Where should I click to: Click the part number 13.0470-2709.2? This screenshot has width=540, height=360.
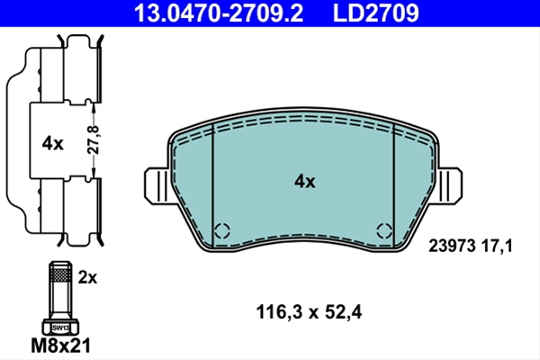219,13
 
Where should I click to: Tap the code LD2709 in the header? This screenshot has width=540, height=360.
375,13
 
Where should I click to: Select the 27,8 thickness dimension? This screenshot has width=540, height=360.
93,139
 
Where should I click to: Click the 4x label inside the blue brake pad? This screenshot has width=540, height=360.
305,181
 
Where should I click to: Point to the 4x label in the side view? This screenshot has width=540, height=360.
53,143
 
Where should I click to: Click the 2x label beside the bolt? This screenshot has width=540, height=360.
87,277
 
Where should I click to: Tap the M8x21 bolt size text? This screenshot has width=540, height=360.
60,346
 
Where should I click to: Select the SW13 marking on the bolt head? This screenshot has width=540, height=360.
60,328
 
